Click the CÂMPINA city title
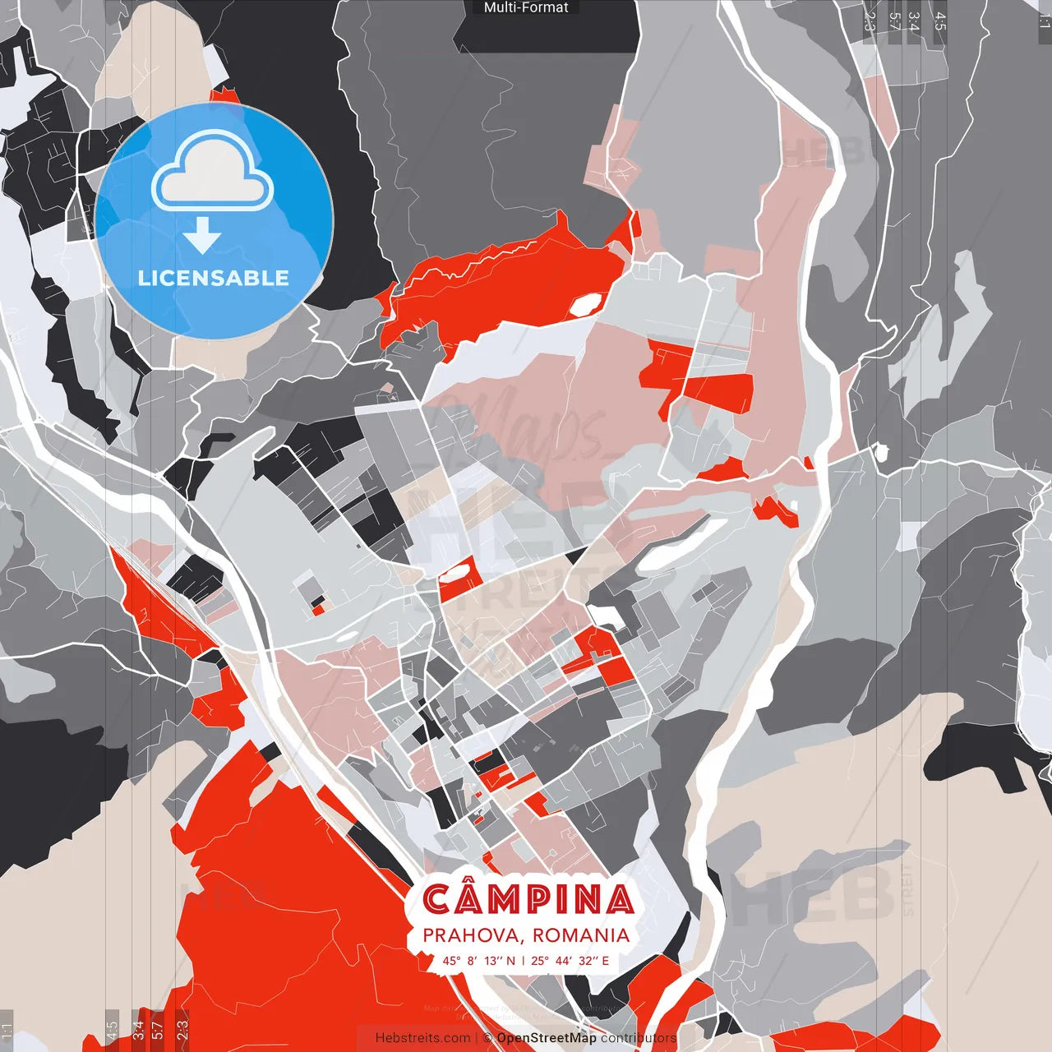pos(528,900)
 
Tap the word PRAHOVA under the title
pos(473,935)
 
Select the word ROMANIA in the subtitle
pos(581,935)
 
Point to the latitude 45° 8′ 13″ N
pos(479,961)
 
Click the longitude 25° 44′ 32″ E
pos(570,961)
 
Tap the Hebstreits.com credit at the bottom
pos(422,1038)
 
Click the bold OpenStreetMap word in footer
pos(547,1038)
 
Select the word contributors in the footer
pos(639,1038)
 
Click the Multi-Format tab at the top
pos(526,7)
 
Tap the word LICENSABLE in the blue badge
pos(214,278)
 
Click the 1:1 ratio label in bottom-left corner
pos(7,1031)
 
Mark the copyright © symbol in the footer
pos(487,1038)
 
